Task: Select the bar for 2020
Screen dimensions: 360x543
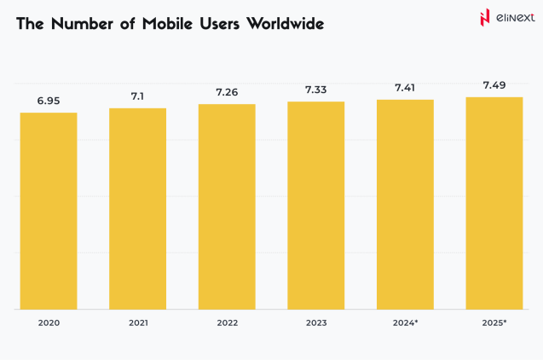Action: click(x=49, y=211)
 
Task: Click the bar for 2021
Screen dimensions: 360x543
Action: click(x=137, y=208)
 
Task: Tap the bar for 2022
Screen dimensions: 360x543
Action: click(x=227, y=206)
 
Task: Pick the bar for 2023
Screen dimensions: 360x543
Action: click(x=315, y=205)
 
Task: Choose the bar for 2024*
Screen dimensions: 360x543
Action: click(x=405, y=204)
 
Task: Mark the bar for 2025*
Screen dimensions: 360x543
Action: click(x=494, y=203)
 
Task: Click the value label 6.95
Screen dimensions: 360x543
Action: click(x=49, y=101)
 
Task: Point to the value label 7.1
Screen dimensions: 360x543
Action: click(x=137, y=96)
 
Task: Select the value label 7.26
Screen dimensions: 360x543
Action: click(x=227, y=92)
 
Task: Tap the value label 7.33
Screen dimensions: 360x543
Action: click(x=315, y=90)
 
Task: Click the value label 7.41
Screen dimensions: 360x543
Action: click(x=405, y=87)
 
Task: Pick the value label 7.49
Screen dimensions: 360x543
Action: click(x=494, y=84)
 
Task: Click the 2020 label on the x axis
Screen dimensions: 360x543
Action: click(x=49, y=323)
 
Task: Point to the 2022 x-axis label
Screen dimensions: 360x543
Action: click(x=227, y=323)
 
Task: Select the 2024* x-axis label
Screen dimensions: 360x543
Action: click(x=406, y=323)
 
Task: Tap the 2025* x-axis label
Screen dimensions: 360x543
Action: click(x=494, y=323)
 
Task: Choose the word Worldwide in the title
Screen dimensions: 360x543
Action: click(x=285, y=24)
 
